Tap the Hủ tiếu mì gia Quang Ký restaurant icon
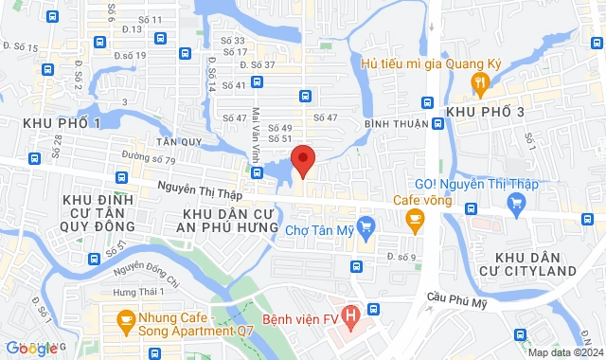[x=482, y=83]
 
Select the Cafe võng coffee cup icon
[x=414, y=221]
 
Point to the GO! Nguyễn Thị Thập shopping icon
[x=516, y=202]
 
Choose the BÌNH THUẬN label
[x=399, y=124]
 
